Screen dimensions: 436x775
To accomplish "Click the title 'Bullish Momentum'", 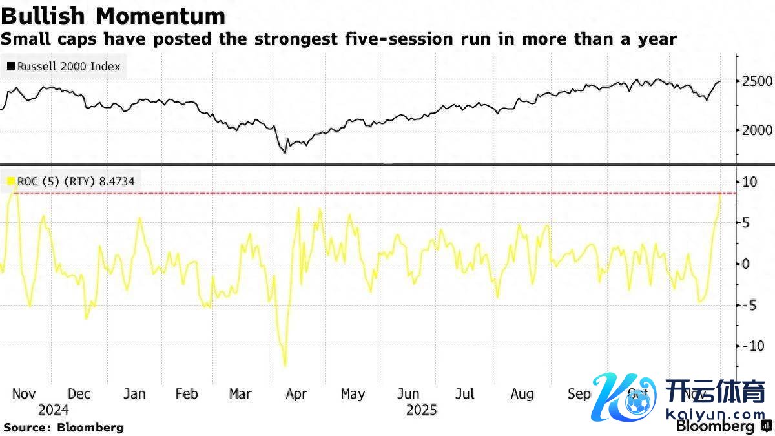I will pos(113,16).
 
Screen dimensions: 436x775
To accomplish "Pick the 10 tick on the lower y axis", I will pos(749,182).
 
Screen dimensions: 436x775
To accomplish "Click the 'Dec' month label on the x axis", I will pos(79,394).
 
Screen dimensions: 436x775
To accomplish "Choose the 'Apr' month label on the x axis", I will pos(296,394).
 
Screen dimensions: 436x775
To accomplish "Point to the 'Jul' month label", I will pos(464,394).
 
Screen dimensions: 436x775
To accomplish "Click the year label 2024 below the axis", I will pos(53,410).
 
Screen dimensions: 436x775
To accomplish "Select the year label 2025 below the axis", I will pos(421,410).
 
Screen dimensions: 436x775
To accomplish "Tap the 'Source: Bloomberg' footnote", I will pos(63,427).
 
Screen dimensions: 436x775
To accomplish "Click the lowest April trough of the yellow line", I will pos(284,366).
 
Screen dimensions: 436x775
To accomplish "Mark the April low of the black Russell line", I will pos(284,153).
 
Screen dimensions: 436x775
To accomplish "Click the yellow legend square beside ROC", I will pos(10,182).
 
